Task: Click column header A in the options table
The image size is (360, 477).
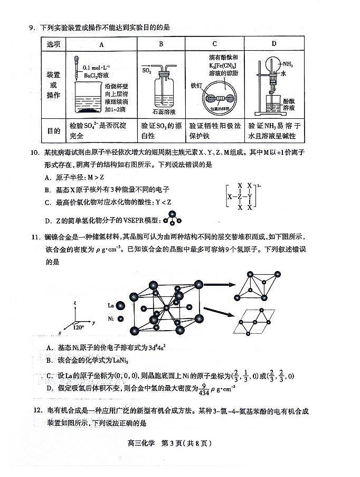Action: pyautogui.click(x=102, y=44)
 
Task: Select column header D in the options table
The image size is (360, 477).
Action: pyautogui.click(x=273, y=44)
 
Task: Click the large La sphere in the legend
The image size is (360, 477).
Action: pyautogui.click(x=120, y=305)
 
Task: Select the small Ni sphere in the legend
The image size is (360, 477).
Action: pyautogui.click(x=120, y=319)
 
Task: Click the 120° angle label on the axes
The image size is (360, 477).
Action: pyautogui.click(x=80, y=328)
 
